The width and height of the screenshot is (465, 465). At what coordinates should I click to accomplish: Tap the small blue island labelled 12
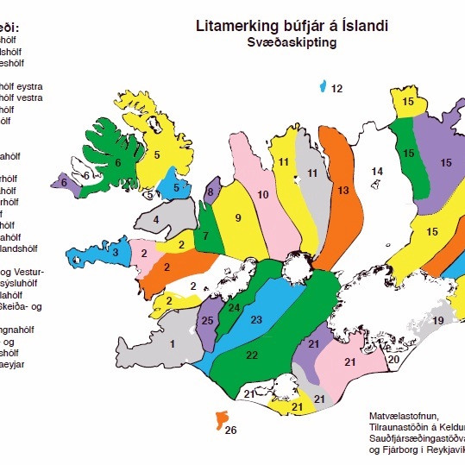click(x=323, y=86)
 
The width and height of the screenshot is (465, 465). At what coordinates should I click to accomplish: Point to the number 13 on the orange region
click(x=342, y=190)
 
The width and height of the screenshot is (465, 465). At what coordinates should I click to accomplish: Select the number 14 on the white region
click(x=376, y=173)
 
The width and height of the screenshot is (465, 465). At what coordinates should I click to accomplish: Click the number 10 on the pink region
click(x=263, y=195)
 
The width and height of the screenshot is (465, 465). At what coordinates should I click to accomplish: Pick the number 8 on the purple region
click(x=210, y=192)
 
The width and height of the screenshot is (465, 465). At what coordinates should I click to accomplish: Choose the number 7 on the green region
click(x=206, y=236)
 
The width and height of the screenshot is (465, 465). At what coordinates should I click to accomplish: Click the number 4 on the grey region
click(x=156, y=220)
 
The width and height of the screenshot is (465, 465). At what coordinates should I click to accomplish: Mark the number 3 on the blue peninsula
click(x=115, y=252)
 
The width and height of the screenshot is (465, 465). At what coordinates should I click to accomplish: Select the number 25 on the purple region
click(x=206, y=321)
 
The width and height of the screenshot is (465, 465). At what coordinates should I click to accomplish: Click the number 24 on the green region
click(x=234, y=306)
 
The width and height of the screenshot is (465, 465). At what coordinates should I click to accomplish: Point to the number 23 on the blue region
click(x=255, y=320)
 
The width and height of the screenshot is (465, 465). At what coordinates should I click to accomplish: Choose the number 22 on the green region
click(x=251, y=355)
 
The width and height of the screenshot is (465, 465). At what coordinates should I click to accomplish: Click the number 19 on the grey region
click(x=438, y=321)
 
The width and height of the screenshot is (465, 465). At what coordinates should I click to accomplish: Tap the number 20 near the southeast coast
click(x=393, y=359)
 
